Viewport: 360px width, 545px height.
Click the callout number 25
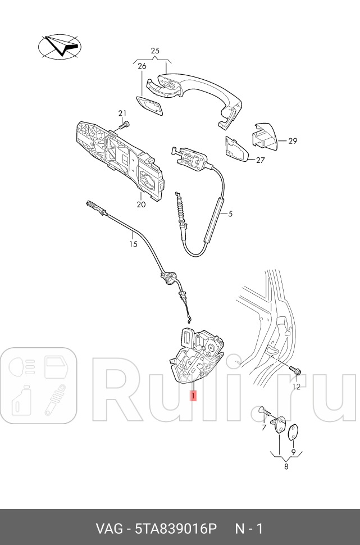(x=155, y=51)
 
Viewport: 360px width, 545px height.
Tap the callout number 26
(x=142, y=66)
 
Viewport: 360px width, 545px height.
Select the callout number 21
(x=122, y=113)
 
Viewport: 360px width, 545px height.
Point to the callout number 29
(x=293, y=141)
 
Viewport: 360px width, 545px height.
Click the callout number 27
(x=260, y=160)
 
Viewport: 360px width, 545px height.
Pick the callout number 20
(x=141, y=205)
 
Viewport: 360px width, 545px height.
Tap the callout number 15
(x=134, y=244)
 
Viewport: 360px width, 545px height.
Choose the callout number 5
(x=230, y=214)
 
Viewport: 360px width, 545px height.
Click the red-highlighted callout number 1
(x=193, y=395)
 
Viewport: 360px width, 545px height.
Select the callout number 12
(x=296, y=387)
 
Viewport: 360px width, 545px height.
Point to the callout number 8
(x=286, y=467)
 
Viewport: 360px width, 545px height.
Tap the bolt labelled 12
(x=295, y=371)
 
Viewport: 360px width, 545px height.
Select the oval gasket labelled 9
(x=294, y=432)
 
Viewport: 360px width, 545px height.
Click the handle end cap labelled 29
(x=265, y=137)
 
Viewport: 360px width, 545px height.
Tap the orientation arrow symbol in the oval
(x=60, y=47)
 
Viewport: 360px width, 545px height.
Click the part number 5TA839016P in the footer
(x=176, y=529)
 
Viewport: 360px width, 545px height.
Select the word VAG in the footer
(x=109, y=529)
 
